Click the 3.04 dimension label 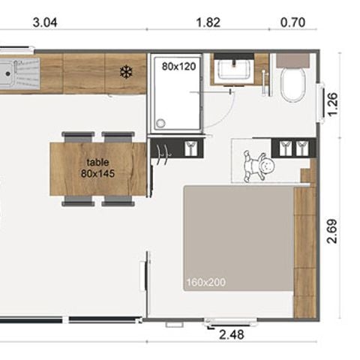(x=45, y=22)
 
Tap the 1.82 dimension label (x=208, y=22)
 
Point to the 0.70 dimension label (x=292, y=22)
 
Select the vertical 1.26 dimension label (x=333, y=104)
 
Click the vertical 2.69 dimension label (x=332, y=231)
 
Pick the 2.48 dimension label (x=232, y=334)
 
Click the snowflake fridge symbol (x=126, y=72)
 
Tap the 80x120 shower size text (x=178, y=67)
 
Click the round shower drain (x=160, y=123)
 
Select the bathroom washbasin (x=234, y=70)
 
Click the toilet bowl (x=293, y=84)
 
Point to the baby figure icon (x=259, y=166)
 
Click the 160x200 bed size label (x=206, y=282)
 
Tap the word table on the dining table (x=97, y=162)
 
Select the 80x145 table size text (x=97, y=173)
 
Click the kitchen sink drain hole (x=8, y=73)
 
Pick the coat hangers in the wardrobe (x=163, y=154)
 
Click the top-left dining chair (x=78, y=137)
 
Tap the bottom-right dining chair (x=118, y=201)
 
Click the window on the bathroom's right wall (x=320, y=103)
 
